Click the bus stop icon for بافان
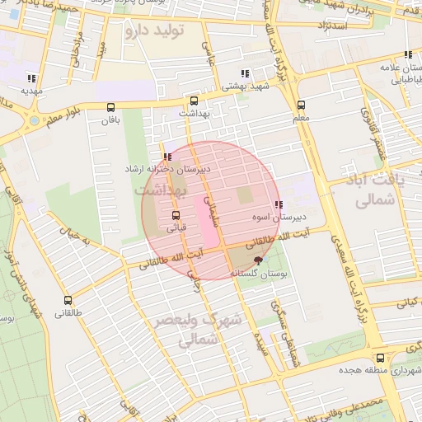110,107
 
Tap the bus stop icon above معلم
301,105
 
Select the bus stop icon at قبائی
176,215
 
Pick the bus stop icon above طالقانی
68,301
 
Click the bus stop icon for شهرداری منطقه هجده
380,359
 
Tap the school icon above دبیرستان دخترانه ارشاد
167,156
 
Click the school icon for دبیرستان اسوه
279,204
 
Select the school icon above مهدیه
31,78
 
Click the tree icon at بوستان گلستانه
259,260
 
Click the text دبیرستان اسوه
279,218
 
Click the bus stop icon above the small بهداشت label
194,101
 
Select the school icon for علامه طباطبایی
408,54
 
